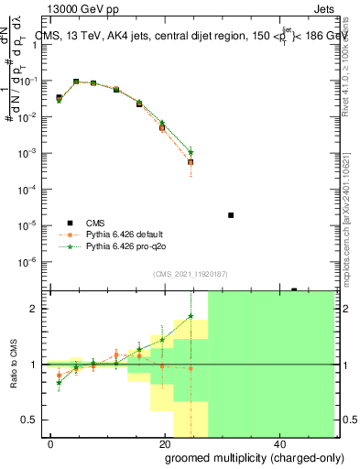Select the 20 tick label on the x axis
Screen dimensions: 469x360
pos(164,442)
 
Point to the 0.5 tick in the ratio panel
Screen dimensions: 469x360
pos(32,420)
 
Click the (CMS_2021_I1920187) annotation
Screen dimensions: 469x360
pos(190,274)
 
